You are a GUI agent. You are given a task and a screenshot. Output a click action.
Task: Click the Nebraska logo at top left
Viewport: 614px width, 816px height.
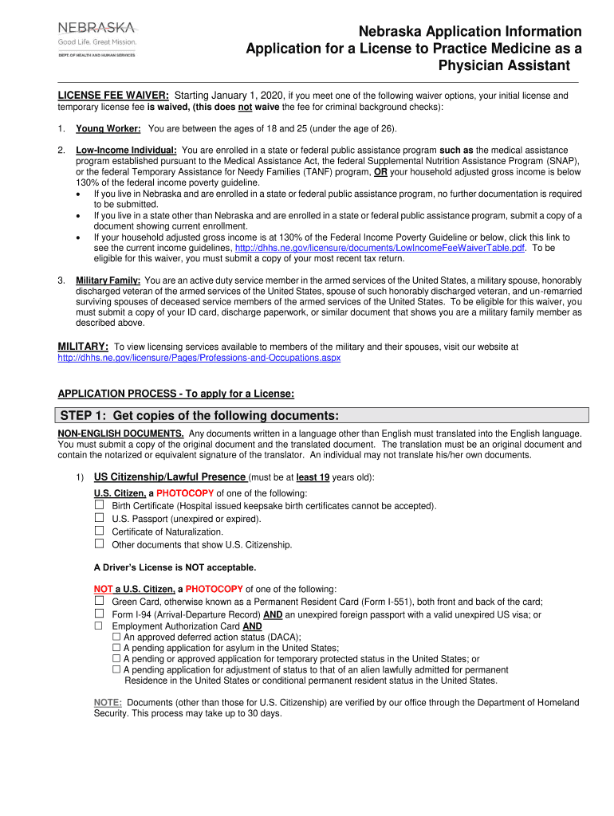[x=96, y=38]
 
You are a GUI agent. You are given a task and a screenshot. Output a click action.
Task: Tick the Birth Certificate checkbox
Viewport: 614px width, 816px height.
[x=100, y=505]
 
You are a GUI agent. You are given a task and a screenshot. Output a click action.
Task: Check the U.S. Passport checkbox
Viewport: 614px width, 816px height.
[x=100, y=518]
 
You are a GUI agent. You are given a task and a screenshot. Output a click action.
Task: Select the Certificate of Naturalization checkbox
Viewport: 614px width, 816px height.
[x=100, y=531]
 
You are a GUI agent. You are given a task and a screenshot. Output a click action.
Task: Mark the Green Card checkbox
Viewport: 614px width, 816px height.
[x=100, y=602]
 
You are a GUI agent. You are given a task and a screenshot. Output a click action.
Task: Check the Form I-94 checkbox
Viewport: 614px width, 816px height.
[x=100, y=614]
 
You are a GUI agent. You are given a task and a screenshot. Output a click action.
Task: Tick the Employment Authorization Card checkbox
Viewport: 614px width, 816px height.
[x=100, y=626]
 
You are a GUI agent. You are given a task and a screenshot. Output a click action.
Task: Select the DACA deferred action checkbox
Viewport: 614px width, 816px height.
[x=117, y=637]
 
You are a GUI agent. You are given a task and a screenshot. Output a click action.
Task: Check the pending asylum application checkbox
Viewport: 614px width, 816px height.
[x=117, y=649]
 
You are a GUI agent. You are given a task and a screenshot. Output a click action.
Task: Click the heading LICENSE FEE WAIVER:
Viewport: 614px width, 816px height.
[x=112, y=96]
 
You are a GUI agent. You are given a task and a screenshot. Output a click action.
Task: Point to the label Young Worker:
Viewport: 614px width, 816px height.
[x=108, y=128]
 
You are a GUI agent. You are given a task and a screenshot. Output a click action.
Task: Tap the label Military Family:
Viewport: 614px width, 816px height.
[x=108, y=280]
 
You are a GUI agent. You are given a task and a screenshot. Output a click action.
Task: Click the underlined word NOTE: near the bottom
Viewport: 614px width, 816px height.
[x=108, y=703]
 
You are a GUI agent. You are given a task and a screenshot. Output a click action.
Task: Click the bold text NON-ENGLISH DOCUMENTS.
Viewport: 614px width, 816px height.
[x=120, y=433]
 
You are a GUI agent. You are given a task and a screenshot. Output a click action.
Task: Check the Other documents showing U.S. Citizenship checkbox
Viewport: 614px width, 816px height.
[x=100, y=543]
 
